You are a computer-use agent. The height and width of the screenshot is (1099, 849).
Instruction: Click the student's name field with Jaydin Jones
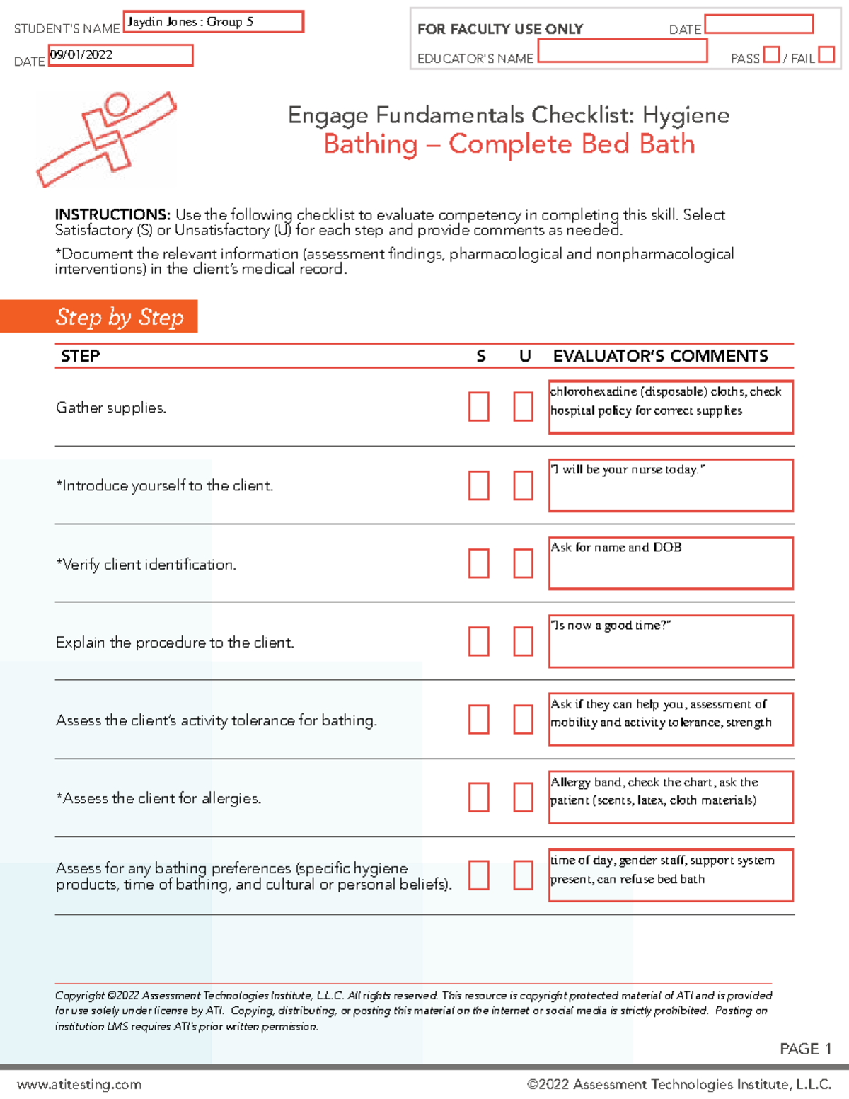coord(214,22)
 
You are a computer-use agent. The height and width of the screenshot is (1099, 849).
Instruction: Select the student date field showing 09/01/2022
coord(120,55)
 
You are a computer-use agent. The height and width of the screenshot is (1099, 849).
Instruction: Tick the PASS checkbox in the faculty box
coord(771,54)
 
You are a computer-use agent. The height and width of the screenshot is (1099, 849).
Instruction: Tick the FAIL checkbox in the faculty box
coord(826,54)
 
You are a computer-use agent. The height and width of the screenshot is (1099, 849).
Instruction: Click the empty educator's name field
coord(622,51)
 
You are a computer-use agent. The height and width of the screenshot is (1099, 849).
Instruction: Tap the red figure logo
coord(106,138)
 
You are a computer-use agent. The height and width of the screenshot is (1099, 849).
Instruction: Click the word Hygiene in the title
coord(686,115)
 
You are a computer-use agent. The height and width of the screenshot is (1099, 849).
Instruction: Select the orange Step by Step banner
coord(99,316)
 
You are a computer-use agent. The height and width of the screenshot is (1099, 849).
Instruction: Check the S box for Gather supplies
coord(479,407)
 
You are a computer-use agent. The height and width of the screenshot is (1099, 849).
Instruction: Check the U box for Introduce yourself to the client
coord(523,485)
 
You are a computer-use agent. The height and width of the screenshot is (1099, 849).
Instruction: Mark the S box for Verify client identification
coord(479,563)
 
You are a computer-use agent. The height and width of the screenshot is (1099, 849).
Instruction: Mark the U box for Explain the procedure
coord(523,641)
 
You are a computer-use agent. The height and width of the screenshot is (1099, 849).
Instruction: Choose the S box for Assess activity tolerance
coord(479,719)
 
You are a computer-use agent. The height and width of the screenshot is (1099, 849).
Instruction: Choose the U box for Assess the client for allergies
coord(523,797)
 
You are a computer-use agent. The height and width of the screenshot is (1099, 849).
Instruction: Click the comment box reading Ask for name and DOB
coord(670,563)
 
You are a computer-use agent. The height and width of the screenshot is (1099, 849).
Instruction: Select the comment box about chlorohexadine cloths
coord(670,407)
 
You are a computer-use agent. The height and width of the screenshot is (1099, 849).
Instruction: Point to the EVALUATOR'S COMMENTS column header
coord(660,356)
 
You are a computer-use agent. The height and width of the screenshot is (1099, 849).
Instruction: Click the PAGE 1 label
coord(805,1048)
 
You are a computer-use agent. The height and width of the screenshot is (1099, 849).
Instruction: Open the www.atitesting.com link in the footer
coord(79,1084)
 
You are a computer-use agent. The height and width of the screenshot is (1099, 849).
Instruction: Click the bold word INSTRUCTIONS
coord(112,214)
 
